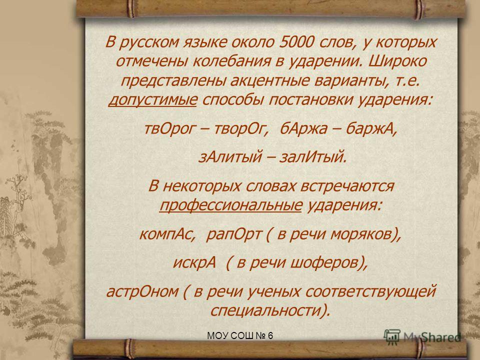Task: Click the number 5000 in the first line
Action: [x=296, y=42]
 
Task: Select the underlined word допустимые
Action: [x=152, y=100]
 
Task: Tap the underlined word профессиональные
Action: [x=231, y=205]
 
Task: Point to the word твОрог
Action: [x=168, y=128]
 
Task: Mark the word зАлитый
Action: [x=230, y=157]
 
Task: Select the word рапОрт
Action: [x=233, y=234]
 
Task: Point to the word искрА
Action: [x=194, y=262]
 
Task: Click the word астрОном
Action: [x=142, y=291]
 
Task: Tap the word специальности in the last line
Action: [x=266, y=310]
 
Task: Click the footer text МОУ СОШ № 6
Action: [x=240, y=336]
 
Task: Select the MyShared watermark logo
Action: [x=422, y=336]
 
